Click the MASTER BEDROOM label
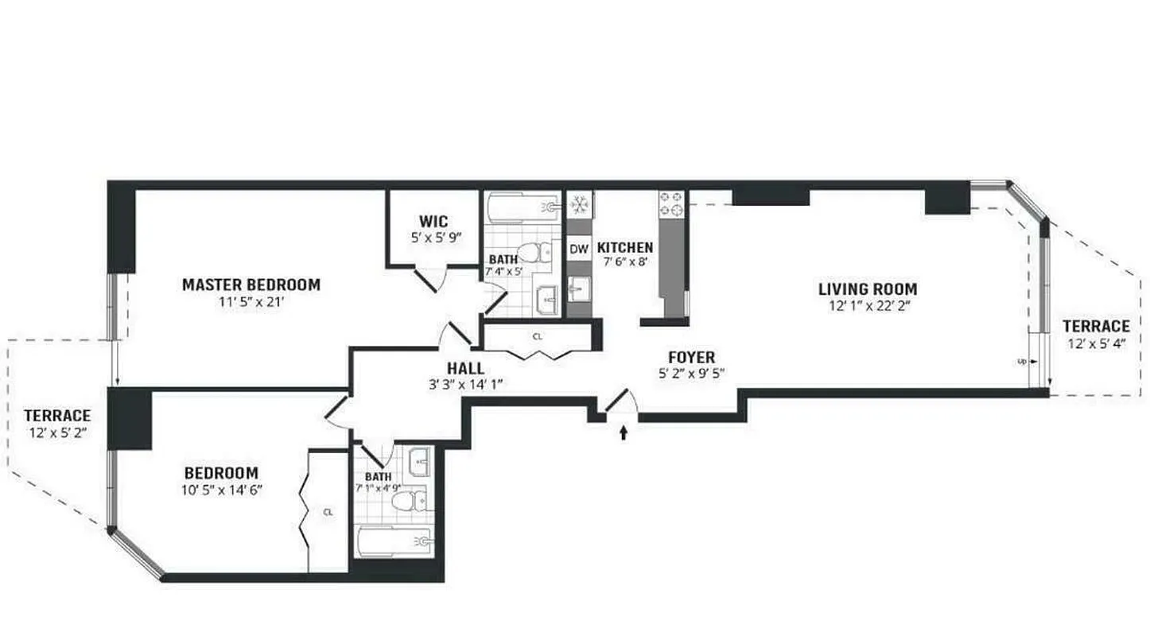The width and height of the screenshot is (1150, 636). click(x=251, y=285)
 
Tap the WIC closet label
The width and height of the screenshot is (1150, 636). click(x=433, y=221)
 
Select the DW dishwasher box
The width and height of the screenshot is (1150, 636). click(x=579, y=250)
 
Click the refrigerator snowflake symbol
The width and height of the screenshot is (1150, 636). click(x=579, y=205)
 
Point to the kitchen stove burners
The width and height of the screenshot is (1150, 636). click(x=671, y=204)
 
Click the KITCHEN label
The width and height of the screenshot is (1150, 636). click(x=625, y=248)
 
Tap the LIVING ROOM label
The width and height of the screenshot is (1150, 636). click(x=868, y=289)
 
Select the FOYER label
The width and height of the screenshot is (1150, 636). click(x=691, y=358)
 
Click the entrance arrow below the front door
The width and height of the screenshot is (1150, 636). click(x=624, y=433)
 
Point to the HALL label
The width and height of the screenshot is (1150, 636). click(x=465, y=369)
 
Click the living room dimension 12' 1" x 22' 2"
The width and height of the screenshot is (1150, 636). click(x=868, y=305)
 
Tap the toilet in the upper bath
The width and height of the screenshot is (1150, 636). click(x=544, y=253)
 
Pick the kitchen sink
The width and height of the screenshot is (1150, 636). click(x=579, y=288)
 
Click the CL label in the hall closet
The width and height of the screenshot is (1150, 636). click(x=538, y=336)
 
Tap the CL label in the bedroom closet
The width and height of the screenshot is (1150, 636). click(x=328, y=513)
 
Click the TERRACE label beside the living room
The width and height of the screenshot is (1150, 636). click(x=1096, y=326)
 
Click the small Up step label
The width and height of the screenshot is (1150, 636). click(x=1022, y=361)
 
